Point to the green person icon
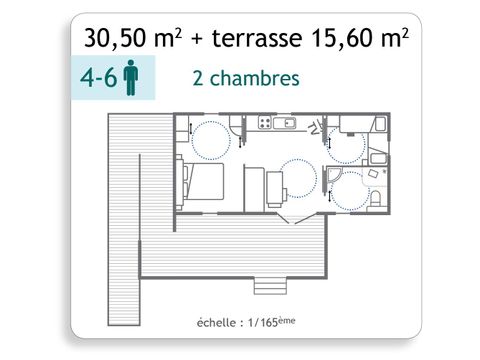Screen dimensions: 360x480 [x=130, y=80]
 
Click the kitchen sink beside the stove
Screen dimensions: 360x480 [x=286, y=123]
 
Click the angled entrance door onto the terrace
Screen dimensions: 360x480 [x=291, y=216]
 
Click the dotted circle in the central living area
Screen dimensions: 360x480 [x=299, y=178]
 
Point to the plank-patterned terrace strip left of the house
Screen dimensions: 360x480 [x=125, y=200]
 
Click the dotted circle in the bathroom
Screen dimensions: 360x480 [x=352, y=190]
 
